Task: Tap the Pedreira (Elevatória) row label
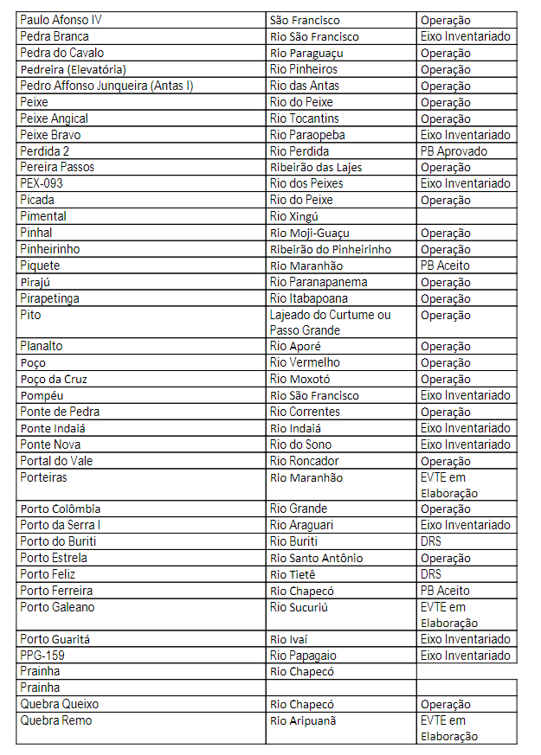point(74,69)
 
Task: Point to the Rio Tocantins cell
point(304,118)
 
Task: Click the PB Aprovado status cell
point(454,151)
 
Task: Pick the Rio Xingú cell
point(294,216)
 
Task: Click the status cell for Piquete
point(446,266)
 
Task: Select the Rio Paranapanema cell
point(319,282)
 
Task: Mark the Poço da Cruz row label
point(54,379)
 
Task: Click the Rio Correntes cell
point(305,412)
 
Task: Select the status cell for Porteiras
point(449,485)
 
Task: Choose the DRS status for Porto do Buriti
point(431,541)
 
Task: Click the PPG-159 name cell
point(42,656)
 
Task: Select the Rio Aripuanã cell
point(303,720)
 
